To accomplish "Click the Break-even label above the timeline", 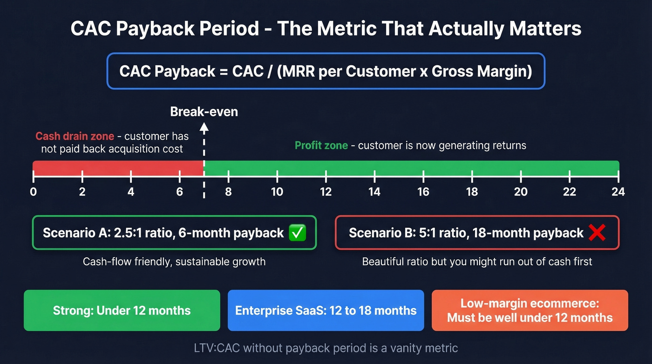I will click(204, 112).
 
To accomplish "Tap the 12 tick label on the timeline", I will click(326, 192).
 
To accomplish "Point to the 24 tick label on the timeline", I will click(618, 192).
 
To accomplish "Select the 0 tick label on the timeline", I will click(33, 192).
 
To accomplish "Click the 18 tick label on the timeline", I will click(472, 192).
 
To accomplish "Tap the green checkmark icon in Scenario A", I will click(298, 233).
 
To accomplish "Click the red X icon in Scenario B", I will click(597, 233).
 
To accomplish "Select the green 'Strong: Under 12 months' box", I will click(122, 310).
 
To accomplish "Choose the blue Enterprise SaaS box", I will click(326, 310).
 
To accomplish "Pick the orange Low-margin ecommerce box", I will click(530, 310).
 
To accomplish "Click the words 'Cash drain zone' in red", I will click(75, 136).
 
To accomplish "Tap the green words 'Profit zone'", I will click(321, 145).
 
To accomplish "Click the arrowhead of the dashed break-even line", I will click(204, 127).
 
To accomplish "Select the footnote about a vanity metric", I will click(326, 348).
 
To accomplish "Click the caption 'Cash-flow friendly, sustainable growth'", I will click(174, 261).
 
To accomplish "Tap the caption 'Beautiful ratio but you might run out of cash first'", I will click(477, 261).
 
